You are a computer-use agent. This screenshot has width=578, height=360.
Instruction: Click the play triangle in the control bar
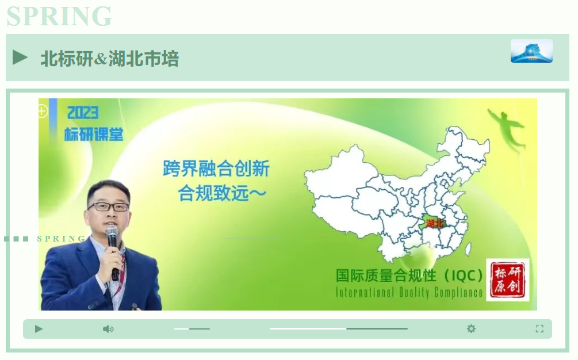(x=39, y=329)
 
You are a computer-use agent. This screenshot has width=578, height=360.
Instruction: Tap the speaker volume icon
(x=108, y=329)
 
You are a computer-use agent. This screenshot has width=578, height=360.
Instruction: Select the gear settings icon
(x=471, y=328)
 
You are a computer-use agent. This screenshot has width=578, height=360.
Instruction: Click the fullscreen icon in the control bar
(x=539, y=329)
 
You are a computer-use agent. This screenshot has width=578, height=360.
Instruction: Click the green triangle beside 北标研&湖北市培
(x=20, y=58)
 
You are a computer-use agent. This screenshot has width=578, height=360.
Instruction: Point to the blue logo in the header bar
(x=531, y=51)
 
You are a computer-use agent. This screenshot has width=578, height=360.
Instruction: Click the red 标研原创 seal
(x=508, y=280)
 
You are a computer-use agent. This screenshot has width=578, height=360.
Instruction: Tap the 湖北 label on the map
(x=435, y=223)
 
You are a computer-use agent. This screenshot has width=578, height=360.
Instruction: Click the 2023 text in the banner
(x=83, y=113)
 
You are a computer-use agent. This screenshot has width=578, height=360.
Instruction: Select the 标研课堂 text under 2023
(x=94, y=135)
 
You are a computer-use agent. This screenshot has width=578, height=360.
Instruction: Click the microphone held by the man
(x=112, y=252)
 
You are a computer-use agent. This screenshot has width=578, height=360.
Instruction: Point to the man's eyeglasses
(x=108, y=206)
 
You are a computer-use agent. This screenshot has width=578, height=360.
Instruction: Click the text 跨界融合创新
(x=216, y=168)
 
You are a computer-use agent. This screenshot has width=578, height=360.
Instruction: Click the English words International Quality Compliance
(x=409, y=293)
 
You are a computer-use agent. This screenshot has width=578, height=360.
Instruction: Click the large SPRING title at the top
(x=59, y=16)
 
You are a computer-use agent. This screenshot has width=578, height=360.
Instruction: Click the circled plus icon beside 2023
(x=42, y=111)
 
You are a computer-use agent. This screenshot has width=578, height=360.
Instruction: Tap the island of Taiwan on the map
(x=468, y=249)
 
